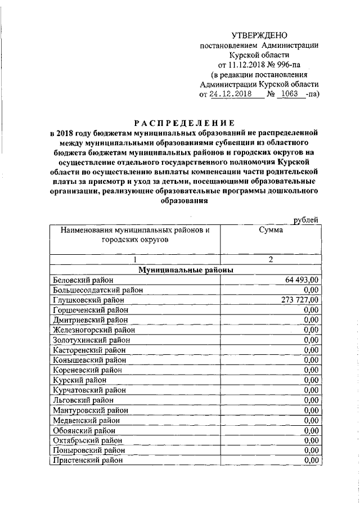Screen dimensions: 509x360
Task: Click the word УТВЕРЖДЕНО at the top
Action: [x=259, y=35]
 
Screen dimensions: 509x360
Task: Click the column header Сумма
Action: [x=270, y=230]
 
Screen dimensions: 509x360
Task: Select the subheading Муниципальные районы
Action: [x=186, y=270]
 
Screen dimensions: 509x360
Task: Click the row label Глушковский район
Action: [x=87, y=300]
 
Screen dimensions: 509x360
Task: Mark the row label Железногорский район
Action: [x=93, y=330]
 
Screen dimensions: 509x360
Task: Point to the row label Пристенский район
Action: [x=88, y=460]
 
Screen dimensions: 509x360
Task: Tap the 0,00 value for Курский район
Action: [x=310, y=380]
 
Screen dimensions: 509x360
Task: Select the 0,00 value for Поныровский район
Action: [x=310, y=450]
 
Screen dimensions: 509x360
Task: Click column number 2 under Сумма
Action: [x=271, y=259]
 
